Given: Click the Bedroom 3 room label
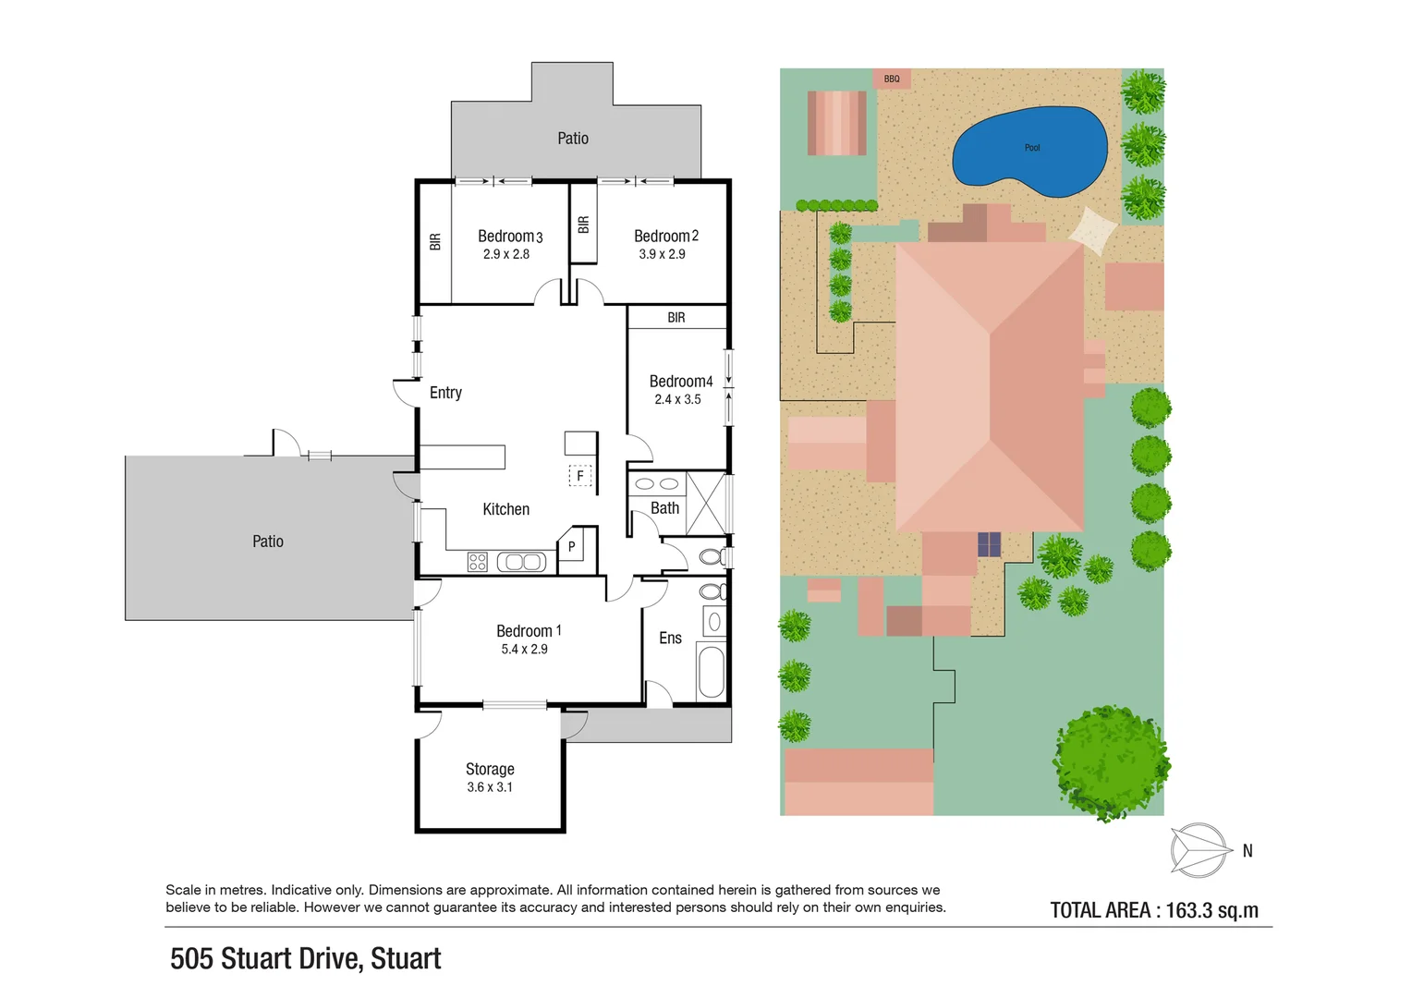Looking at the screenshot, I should (x=509, y=237).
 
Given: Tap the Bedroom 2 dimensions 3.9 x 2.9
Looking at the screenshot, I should (x=662, y=254).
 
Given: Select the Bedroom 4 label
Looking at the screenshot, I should (x=680, y=382).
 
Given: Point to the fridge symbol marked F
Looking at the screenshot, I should (x=579, y=476).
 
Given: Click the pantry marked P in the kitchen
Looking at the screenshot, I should (x=572, y=547).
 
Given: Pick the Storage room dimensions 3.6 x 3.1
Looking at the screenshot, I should (x=489, y=787).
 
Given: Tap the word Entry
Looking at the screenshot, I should (x=445, y=393).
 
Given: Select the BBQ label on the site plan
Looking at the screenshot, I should (x=892, y=79).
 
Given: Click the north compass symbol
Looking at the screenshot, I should (x=1199, y=849).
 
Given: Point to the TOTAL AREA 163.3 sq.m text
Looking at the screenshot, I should (x=1154, y=910).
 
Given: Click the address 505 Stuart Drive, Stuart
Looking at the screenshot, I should (x=305, y=959).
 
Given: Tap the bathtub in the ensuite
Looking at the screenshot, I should (x=711, y=673).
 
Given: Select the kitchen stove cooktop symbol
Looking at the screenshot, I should (x=477, y=562).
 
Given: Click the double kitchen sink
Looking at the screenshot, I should (x=522, y=562).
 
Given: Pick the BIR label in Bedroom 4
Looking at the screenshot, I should (x=676, y=318).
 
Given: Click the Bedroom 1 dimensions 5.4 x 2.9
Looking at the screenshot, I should (x=524, y=650).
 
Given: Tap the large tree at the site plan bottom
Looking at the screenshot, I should (x=1112, y=762).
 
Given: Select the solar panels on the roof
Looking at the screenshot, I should (x=989, y=544).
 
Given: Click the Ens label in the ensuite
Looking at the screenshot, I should (x=670, y=639).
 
